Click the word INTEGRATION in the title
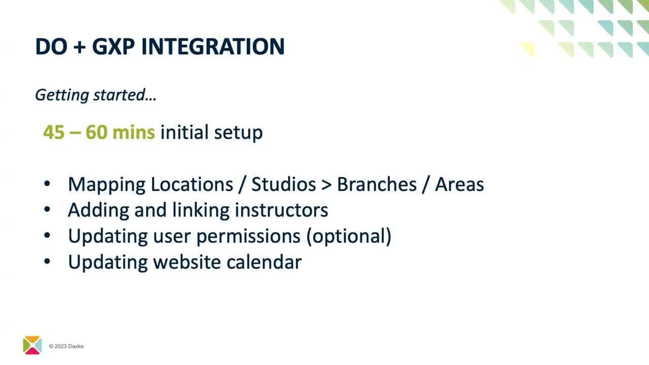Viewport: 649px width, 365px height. (x=213, y=46)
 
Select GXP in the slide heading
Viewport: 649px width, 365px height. (x=114, y=46)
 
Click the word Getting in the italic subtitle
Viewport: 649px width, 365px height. (x=62, y=95)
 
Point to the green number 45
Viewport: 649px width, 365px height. (x=54, y=132)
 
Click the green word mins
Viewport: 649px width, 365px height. (x=133, y=132)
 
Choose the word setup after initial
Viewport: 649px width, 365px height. (x=238, y=133)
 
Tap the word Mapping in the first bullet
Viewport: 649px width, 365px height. (x=106, y=185)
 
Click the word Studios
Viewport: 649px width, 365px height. (x=283, y=184)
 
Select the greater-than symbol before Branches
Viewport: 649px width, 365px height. (x=326, y=185)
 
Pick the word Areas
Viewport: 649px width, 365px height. (x=459, y=184)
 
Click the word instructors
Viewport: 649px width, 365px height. (x=281, y=210)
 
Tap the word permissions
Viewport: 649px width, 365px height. (x=248, y=237)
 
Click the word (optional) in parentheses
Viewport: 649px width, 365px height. (x=349, y=237)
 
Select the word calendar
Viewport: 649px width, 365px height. (x=264, y=262)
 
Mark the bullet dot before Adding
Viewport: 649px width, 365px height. (x=47, y=209)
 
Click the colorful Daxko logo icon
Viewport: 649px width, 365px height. (x=32, y=345)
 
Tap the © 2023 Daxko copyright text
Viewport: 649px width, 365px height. (x=66, y=346)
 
